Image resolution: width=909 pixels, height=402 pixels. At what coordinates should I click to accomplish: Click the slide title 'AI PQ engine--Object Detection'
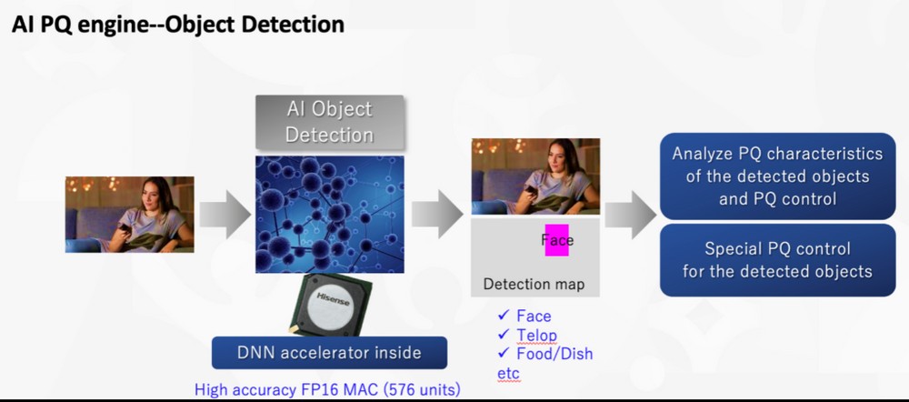click(x=178, y=25)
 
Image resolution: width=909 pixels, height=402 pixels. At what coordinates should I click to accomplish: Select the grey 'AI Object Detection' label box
click(x=329, y=122)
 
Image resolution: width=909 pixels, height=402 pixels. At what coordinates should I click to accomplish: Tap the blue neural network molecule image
click(x=330, y=214)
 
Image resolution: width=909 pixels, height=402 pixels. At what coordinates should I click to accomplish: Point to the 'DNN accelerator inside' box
click(x=329, y=353)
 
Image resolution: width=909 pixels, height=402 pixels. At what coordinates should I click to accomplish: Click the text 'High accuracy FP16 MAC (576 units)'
click(x=327, y=390)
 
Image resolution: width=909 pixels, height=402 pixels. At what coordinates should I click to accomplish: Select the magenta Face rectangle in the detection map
click(x=557, y=239)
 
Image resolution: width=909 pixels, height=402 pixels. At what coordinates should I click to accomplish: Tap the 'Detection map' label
click(x=534, y=285)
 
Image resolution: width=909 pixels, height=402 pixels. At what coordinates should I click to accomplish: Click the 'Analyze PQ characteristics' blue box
click(x=777, y=176)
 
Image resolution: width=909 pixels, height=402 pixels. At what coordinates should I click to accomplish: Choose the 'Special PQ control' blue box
click(x=777, y=260)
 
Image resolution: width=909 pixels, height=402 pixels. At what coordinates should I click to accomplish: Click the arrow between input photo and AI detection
click(x=225, y=215)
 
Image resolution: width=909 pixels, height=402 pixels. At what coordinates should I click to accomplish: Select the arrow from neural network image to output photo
click(x=437, y=215)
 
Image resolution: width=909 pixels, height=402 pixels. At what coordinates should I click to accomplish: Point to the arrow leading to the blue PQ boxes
click(x=630, y=215)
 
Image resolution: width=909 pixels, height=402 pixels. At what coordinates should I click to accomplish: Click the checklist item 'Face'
click(x=524, y=317)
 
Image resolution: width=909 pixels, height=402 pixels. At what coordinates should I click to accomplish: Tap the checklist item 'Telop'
click(x=527, y=336)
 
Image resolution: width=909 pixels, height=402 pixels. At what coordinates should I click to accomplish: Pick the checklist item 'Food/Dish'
click(x=544, y=354)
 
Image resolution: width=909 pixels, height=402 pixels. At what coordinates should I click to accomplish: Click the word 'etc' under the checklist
click(x=508, y=372)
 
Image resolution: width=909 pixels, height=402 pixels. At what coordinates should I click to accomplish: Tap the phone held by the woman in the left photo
click(x=124, y=227)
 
